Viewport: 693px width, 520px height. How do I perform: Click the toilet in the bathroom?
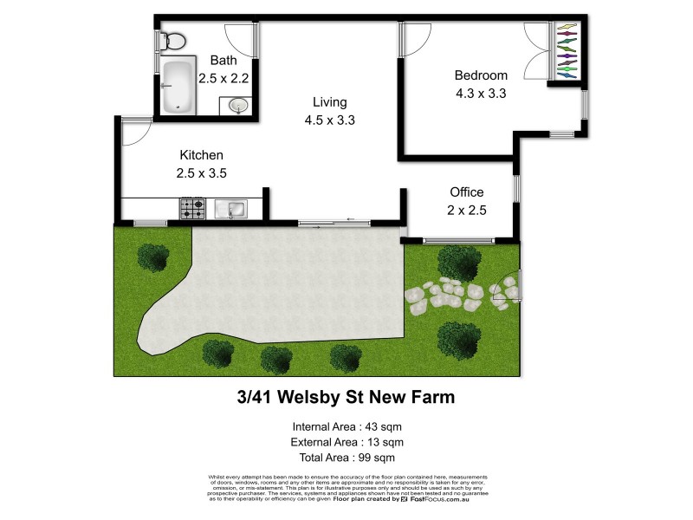point(172,40)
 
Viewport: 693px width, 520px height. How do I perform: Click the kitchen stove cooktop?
point(192,209)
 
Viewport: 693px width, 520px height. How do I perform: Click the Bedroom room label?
point(481,75)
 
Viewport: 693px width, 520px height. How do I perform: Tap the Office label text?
point(466,192)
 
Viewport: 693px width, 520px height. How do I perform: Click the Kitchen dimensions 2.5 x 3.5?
point(201,172)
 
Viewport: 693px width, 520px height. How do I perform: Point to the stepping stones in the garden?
point(450,295)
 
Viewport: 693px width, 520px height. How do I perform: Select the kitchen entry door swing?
point(134,132)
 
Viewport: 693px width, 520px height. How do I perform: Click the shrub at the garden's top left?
point(153,257)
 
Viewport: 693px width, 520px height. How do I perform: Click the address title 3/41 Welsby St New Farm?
point(346,399)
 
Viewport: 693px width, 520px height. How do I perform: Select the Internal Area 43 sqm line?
point(346,426)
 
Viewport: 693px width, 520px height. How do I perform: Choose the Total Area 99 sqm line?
point(346,458)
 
